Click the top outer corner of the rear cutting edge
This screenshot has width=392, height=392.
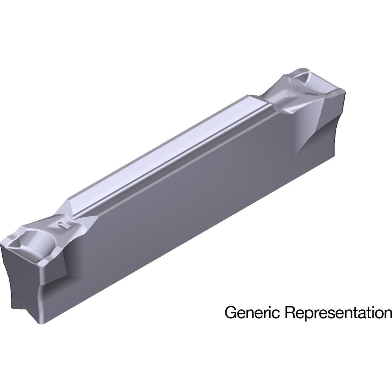coord(344,91)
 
